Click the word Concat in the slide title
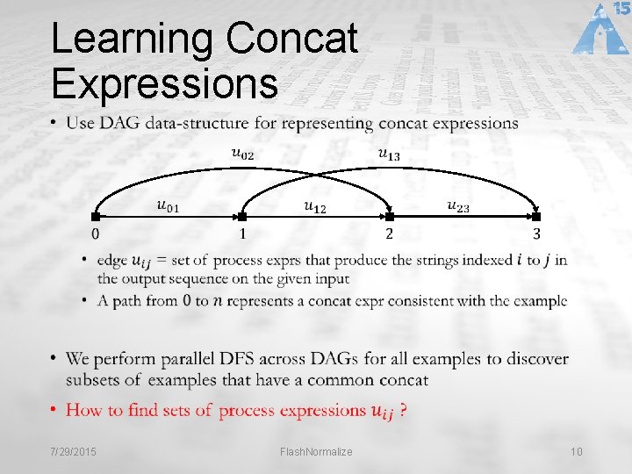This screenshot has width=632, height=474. (x=291, y=40)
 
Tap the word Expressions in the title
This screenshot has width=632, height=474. (x=164, y=83)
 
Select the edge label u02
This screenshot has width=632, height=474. (x=243, y=154)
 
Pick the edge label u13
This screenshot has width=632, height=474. (x=389, y=154)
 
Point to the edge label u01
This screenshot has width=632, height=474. (x=168, y=206)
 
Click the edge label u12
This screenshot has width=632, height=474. (x=314, y=206)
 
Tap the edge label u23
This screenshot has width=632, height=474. (x=458, y=206)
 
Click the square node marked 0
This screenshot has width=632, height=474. (x=96, y=216)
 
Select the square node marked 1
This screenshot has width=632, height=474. (x=242, y=216)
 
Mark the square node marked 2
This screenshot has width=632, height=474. (x=389, y=216)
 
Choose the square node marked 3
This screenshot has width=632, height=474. (x=535, y=216)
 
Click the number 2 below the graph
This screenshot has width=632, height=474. (x=389, y=234)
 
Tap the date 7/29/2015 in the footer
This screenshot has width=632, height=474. (x=73, y=451)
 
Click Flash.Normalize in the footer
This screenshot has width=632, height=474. (x=316, y=451)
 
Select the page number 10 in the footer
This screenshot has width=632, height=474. (x=576, y=451)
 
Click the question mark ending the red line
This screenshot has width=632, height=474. (x=402, y=410)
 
